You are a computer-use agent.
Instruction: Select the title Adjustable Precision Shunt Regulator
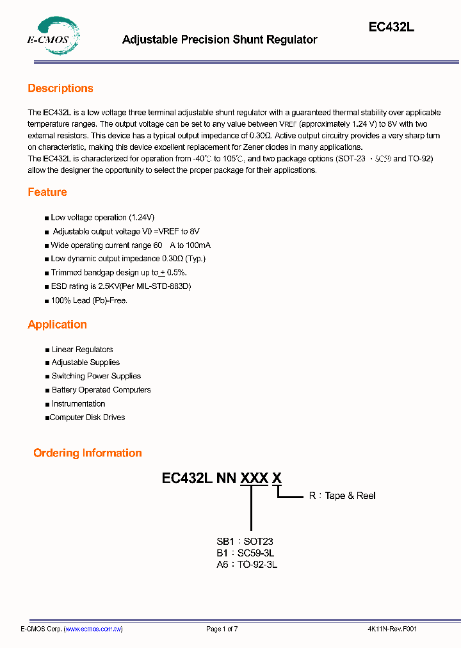click(x=220, y=40)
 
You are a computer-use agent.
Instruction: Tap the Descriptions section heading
click(x=60, y=88)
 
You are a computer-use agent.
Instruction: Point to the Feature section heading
click(x=47, y=192)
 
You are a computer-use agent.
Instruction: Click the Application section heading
click(x=57, y=325)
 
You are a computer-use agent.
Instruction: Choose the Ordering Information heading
click(x=88, y=453)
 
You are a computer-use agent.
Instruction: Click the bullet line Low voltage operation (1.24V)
click(x=102, y=218)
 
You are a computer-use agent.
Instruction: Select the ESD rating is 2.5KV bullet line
click(x=121, y=287)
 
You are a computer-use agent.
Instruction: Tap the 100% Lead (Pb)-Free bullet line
click(x=89, y=300)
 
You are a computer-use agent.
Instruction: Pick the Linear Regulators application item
click(x=82, y=350)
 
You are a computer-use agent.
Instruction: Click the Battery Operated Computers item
click(x=101, y=390)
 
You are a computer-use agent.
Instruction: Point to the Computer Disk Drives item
click(x=87, y=417)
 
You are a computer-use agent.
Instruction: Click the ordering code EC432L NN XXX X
click(x=222, y=478)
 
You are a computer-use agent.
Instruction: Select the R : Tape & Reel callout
click(x=342, y=496)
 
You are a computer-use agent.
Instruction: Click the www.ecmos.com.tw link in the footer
click(x=93, y=629)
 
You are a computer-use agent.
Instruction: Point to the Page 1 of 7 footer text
click(x=222, y=629)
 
